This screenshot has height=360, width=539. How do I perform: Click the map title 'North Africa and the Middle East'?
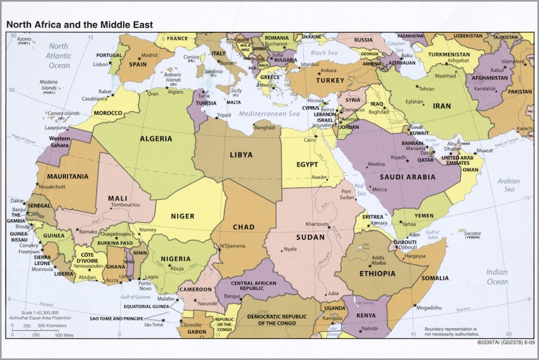[79, 24]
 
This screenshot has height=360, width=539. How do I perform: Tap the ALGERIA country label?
[156, 139]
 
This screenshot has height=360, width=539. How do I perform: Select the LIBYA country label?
[241, 155]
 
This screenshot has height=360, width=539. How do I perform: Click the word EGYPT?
[308, 165]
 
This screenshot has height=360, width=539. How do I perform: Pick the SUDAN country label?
[310, 237]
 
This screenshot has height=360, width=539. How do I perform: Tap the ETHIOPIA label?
[376, 273]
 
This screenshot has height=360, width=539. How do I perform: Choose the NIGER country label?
[182, 216]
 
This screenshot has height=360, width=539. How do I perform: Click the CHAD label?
[243, 227]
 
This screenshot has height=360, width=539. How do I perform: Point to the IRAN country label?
[441, 106]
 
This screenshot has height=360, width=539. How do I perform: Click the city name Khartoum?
[317, 224]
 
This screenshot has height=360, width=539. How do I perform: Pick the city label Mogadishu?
[430, 307]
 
